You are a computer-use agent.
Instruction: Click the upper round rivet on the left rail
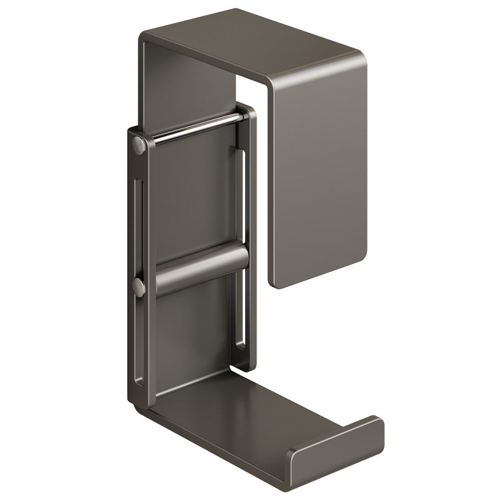coord(138,146)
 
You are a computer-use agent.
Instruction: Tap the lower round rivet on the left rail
coord(138,288)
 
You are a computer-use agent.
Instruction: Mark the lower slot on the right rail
coord(240,312)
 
